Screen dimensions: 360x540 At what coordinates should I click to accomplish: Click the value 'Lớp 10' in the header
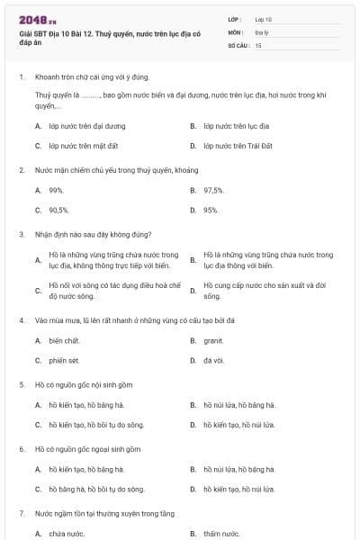[264, 19]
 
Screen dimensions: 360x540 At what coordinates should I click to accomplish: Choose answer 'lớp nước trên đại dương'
[87, 126]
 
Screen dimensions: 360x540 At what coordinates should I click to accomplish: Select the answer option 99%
[56, 190]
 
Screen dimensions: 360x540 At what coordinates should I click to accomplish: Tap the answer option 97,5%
[213, 190]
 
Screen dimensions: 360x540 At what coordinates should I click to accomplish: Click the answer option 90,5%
[59, 210]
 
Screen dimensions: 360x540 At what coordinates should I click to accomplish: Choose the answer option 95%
[211, 210]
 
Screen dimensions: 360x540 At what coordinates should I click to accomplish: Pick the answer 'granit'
[213, 340]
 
